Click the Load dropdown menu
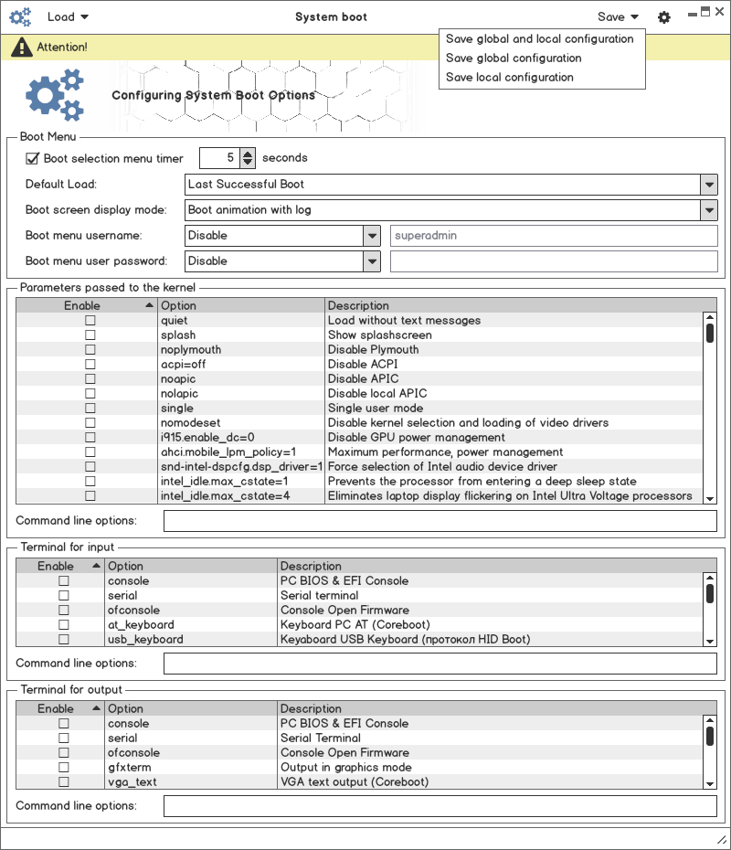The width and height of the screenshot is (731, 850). click(x=68, y=16)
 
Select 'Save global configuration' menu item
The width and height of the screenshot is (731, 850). click(x=514, y=58)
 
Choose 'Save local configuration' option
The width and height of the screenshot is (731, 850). click(x=510, y=78)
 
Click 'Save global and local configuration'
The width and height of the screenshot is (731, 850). click(x=539, y=39)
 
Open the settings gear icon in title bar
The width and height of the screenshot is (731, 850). click(x=664, y=17)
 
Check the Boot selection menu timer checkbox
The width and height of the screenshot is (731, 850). click(x=33, y=158)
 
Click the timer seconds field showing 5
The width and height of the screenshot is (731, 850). click(x=219, y=158)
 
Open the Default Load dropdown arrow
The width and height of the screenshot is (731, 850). click(x=709, y=185)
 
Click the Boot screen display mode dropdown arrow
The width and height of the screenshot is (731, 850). click(x=709, y=210)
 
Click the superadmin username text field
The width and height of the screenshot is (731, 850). click(x=554, y=236)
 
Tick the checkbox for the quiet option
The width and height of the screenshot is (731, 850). click(x=90, y=321)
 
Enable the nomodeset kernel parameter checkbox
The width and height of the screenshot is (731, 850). click(x=90, y=423)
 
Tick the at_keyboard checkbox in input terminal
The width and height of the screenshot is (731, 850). click(x=64, y=625)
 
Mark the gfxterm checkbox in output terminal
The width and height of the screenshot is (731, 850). click(x=64, y=768)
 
